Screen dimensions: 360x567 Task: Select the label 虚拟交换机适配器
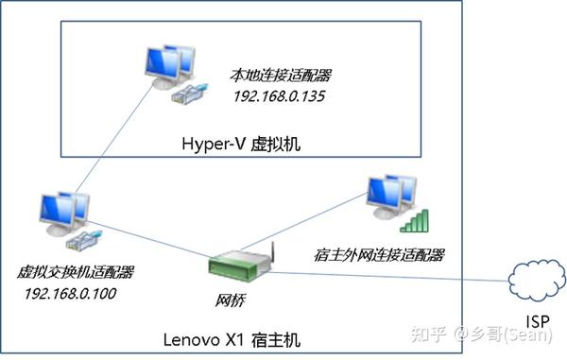click(x=76, y=272)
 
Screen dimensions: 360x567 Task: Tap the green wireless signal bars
click(x=414, y=220)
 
